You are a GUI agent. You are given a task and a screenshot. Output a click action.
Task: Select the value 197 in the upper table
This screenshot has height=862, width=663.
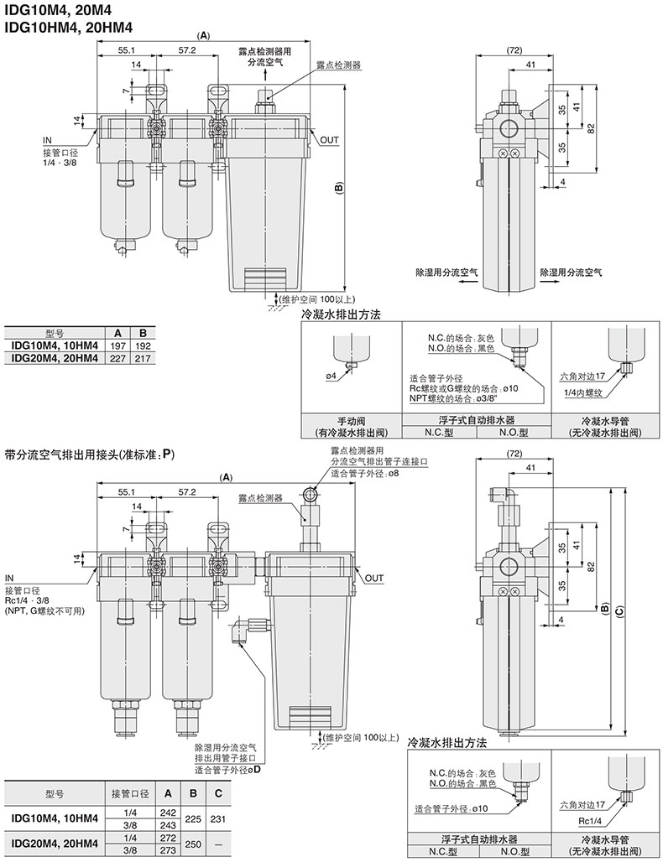[119, 345]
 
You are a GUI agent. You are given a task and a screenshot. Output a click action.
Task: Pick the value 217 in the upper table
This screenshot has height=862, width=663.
[143, 358]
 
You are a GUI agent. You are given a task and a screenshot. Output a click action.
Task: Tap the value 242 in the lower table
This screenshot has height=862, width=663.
[168, 813]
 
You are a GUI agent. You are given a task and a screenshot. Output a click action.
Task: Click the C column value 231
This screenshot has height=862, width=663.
[218, 818]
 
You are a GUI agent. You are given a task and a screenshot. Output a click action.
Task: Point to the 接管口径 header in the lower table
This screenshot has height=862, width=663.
[129, 792]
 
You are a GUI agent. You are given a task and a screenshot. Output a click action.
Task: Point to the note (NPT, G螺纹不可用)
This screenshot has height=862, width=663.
[44, 611]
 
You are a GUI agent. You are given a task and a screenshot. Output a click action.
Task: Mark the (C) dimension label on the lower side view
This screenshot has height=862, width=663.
[619, 612]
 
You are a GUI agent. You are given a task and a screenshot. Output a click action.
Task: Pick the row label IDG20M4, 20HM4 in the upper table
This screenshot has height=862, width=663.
[55, 358]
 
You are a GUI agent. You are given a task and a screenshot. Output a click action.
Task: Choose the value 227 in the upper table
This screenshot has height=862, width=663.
[119, 358]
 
